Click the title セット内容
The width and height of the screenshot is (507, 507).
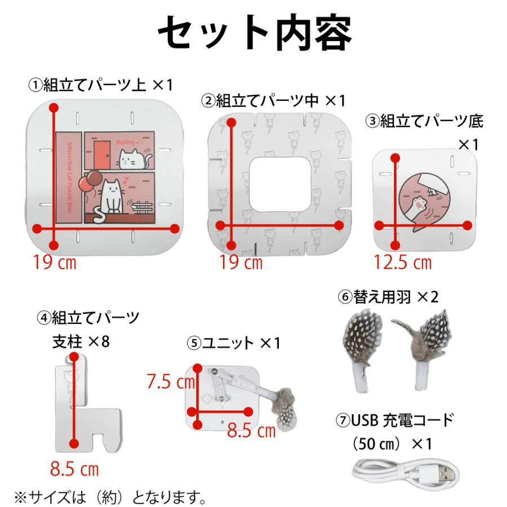coord(253,33)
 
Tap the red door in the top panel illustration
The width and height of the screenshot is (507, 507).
coord(101,153)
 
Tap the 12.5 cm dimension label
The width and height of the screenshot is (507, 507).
coord(402,262)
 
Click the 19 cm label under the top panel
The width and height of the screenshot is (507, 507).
coord(54,262)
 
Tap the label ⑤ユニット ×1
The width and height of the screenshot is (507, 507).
coord(233,343)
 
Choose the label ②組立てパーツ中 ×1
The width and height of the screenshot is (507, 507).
coord(273,101)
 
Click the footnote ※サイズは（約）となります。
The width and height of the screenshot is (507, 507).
coord(110,498)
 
